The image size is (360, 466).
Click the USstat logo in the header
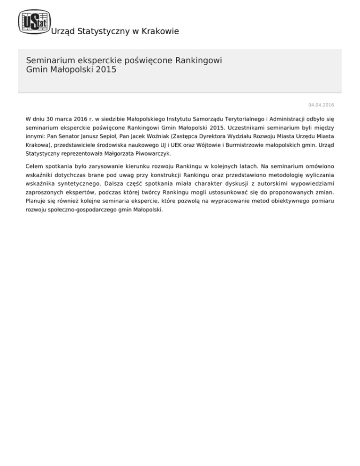click(x=32, y=22)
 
